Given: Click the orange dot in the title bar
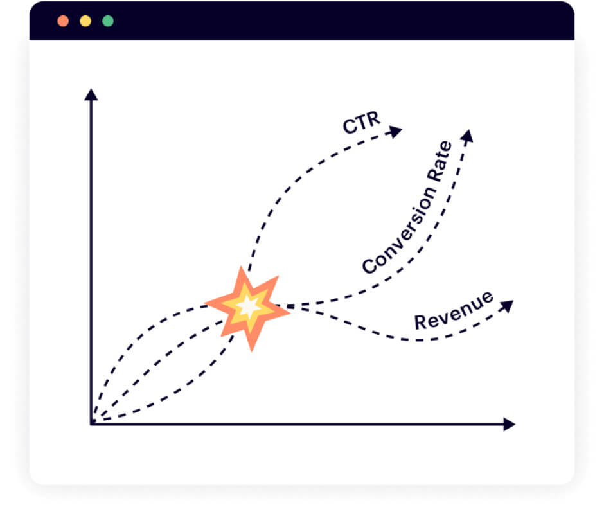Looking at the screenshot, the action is pyautogui.click(x=63, y=21).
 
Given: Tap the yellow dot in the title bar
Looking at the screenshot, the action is pyautogui.click(x=85, y=21).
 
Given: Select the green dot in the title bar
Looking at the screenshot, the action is pyautogui.click(x=108, y=21).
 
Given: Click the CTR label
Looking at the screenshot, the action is pyautogui.click(x=362, y=123).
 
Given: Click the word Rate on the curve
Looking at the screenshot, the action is pyautogui.click(x=440, y=161).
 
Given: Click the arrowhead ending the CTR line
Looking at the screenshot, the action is pyautogui.click(x=395, y=131).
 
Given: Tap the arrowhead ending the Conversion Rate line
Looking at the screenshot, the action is pyautogui.click(x=467, y=136).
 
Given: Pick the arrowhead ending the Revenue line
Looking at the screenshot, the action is pyautogui.click(x=507, y=306).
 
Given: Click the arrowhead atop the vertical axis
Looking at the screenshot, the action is pyautogui.click(x=91, y=95).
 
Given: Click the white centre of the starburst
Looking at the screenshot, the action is pyautogui.click(x=249, y=306).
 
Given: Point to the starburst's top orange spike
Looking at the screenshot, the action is pyautogui.click(x=242, y=276).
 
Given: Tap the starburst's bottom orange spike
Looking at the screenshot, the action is pyautogui.click(x=251, y=341).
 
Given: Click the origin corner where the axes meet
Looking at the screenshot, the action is pyautogui.click(x=91, y=424).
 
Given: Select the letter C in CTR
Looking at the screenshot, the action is pyautogui.click(x=350, y=127).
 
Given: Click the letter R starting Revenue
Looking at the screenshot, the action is pyautogui.click(x=421, y=323).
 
